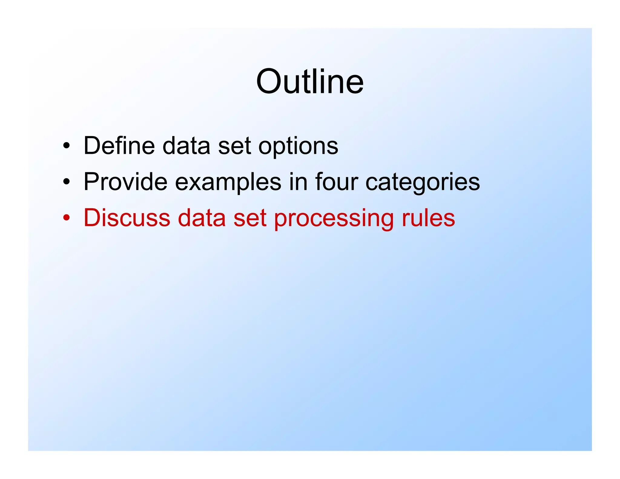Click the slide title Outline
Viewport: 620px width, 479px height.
(310, 82)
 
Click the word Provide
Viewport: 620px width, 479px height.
(125, 182)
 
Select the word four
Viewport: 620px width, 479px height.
(336, 182)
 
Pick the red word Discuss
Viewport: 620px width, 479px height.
(127, 218)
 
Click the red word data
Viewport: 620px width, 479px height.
(202, 218)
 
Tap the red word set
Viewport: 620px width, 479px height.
(250, 218)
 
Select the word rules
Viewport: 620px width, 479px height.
(428, 218)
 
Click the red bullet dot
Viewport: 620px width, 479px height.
(67, 218)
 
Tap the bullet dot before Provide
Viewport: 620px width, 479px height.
(67, 182)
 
